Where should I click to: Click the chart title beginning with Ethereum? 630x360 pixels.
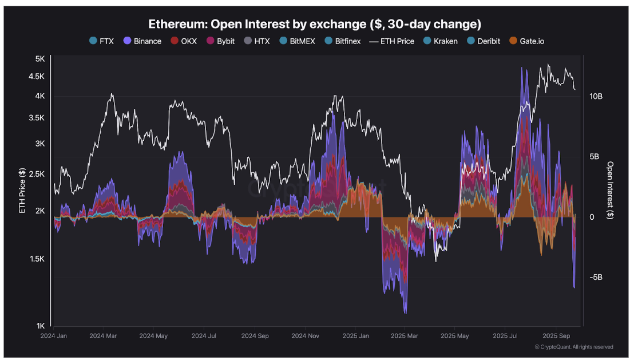tap(315, 24)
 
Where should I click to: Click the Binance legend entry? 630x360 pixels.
tap(142, 41)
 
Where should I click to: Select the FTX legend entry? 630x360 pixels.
tap(101, 41)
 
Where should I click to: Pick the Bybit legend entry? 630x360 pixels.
tap(220, 41)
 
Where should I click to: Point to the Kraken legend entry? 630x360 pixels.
tap(440, 41)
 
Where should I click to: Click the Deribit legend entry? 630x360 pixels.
tap(484, 41)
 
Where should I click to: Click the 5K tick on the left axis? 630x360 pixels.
tap(40, 59)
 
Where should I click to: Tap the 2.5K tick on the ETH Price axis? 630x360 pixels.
tap(37, 173)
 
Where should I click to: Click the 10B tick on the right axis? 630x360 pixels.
tap(596, 97)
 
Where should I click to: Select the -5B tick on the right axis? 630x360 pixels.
tap(596, 277)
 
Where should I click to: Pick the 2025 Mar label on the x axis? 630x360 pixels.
tap(403, 337)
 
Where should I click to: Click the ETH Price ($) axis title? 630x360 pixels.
tap(22, 191)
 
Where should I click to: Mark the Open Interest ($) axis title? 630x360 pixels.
tap(610, 190)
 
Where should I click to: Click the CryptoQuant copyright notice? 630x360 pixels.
tap(573, 347)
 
